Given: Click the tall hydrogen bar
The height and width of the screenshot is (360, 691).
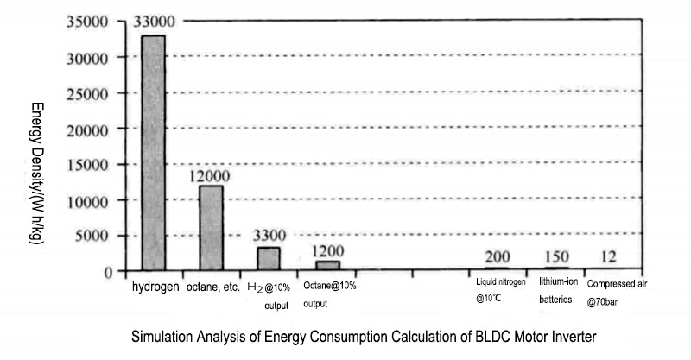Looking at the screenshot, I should (154, 153).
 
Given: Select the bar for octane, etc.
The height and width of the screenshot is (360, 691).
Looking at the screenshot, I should (212, 228).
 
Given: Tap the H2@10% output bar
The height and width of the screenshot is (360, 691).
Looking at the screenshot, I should (269, 259).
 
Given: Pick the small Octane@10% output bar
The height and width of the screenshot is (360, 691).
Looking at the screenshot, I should (328, 266).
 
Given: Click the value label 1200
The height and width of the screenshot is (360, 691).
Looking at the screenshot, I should (328, 250).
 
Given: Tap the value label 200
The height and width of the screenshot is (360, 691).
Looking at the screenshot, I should (498, 256).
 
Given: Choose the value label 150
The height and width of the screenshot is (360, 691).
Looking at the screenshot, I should (558, 256).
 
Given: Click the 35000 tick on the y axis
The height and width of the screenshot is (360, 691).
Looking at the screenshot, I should (86, 22).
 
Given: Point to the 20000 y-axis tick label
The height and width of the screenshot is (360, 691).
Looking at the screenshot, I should (86, 129).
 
